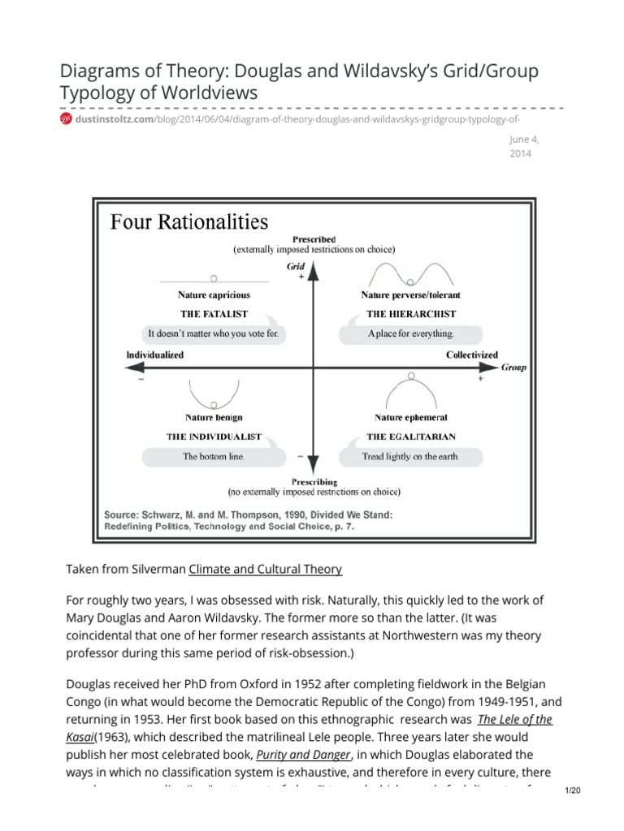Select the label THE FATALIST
pyautogui.click(x=214, y=313)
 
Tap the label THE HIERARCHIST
pyautogui.click(x=410, y=313)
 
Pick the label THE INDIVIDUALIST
pyautogui.click(x=214, y=436)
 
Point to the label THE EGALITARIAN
pyautogui.click(x=410, y=436)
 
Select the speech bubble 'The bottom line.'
pyautogui.click(x=213, y=456)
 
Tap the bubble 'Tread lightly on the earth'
pyautogui.click(x=410, y=456)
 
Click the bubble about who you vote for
pyautogui.click(x=214, y=334)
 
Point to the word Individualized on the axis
pyautogui.click(x=155, y=355)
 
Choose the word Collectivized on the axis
pyautogui.click(x=472, y=355)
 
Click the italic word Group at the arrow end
pyautogui.click(x=513, y=367)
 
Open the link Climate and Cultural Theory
pyautogui.click(x=266, y=570)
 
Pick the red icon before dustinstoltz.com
pyautogui.click(x=66, y=119)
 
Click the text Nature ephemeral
pyautogui.click(x=410, y=417)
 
